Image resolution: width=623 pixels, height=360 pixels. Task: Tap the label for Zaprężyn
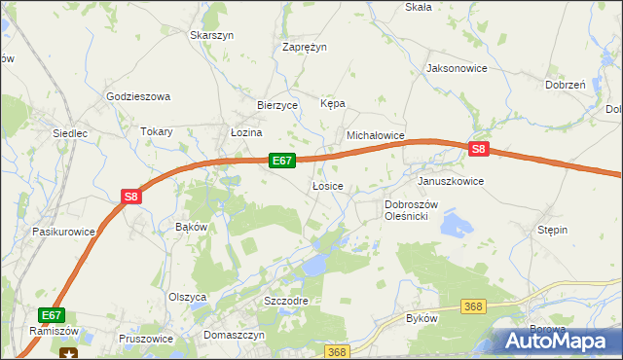click(305, 46)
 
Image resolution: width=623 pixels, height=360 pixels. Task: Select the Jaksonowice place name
click(456, 69)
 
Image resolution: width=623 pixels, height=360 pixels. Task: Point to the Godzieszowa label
click(138, 96)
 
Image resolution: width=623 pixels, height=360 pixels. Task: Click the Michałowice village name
click(375, 135)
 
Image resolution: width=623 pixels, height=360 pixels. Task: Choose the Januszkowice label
click(450, 181)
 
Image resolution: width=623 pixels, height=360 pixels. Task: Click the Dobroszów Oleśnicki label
click(413, 210)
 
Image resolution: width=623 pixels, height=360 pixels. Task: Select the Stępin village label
click(552, 230)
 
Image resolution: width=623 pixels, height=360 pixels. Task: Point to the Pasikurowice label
click(63, 232)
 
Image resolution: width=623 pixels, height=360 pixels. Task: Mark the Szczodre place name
click(286, 301)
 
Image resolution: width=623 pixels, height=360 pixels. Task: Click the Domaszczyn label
click(235, 334)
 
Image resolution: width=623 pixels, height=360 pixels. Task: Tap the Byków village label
click(422, 318)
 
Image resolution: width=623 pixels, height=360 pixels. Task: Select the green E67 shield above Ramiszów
click(53, 315)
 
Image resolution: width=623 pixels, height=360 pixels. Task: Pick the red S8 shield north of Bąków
click(132, 197)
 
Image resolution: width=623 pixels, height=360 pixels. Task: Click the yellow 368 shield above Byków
click(473, 306)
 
